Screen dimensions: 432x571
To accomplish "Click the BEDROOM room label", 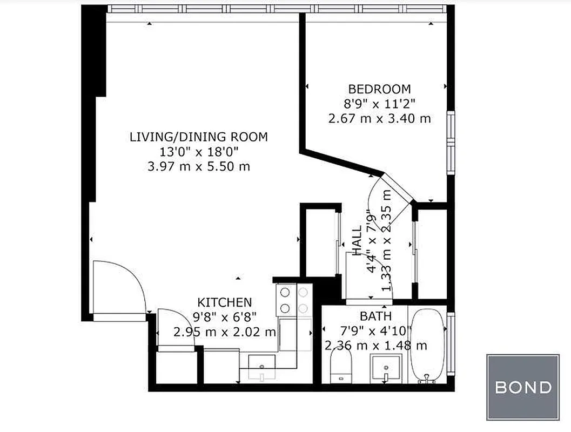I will [379, 89].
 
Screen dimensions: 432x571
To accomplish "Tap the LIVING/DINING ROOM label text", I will [198, 137].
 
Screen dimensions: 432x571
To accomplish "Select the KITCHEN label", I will [224, 302].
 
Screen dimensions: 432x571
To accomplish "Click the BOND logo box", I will [522, 387].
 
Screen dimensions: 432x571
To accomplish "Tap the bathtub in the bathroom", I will [428, 346].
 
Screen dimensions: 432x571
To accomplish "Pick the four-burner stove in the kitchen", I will [293, 300].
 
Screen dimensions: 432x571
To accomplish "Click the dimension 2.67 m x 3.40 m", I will [379, 118].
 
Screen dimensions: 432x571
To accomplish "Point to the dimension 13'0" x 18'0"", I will [198, 152].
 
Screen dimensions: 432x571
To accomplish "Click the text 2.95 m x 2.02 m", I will [224, 332].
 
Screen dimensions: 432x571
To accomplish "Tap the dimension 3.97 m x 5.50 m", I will [198, 166].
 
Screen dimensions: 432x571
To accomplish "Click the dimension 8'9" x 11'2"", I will [379, 104].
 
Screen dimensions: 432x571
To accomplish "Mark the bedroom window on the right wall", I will [451, 141].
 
